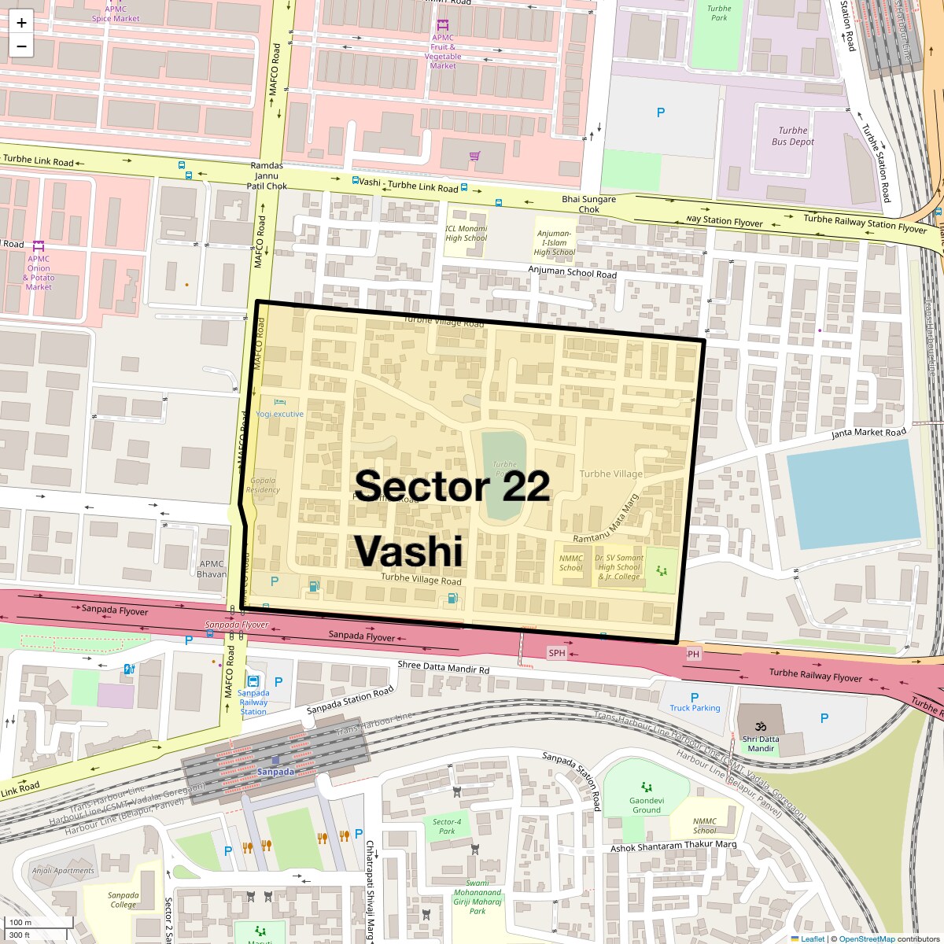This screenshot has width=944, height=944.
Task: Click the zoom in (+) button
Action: [x=21, y=22]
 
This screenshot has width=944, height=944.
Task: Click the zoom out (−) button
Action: [x=21, y=46]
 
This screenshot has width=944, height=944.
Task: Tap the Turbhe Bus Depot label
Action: [x=793, y=136]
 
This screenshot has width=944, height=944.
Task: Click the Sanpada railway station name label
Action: [x=275, y=772]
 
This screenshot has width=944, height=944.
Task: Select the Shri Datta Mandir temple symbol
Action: [x=761, y=726]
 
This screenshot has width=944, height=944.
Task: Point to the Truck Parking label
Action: [x=695, y=708]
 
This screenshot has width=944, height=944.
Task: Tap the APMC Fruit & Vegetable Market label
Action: [x=443, y=52]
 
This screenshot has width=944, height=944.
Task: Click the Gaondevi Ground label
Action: [x=647, y=805]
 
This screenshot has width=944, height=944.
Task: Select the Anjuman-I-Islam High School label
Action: [x=555, y=243]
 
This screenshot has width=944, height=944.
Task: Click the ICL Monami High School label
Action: [x=466, y=234]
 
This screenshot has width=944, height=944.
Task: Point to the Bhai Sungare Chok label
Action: [x=588, y=205]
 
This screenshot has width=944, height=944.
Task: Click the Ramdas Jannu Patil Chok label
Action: [x=267, y=176]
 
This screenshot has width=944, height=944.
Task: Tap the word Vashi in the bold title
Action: [x=408, y=551]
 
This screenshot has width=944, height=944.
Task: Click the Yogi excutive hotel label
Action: [x=279, y=414]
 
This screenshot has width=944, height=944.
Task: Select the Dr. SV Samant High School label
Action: [x=619, y=567]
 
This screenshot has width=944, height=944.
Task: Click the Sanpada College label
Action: [x=123, y=900]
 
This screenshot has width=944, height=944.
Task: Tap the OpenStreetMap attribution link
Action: [x=866, y=938]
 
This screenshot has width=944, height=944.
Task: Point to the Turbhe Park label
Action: [x=719, y=13]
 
